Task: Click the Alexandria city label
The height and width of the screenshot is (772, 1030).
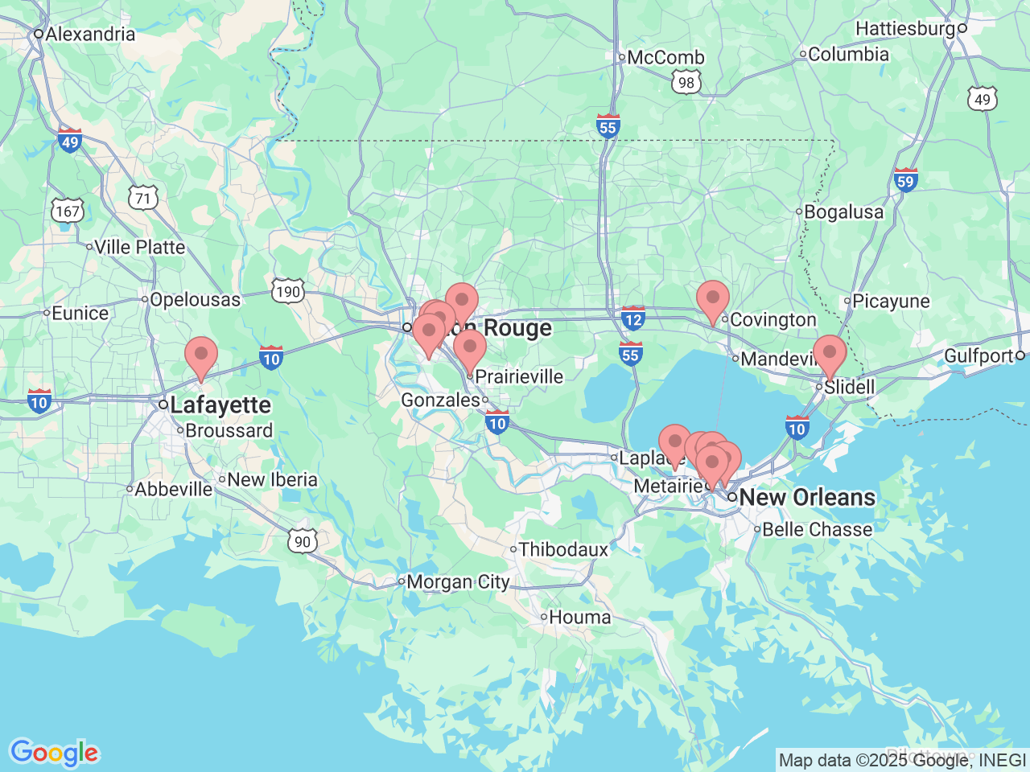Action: tap(89, 34)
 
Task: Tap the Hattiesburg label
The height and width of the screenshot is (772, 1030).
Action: tap(905, 28)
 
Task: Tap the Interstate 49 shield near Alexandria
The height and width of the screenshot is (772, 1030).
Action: tap(70, 141)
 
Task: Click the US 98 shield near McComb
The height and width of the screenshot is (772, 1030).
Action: tap(686, 82)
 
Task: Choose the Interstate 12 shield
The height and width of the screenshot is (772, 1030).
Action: tap(633, 318)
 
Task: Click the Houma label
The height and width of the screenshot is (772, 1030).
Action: tap(579, 618)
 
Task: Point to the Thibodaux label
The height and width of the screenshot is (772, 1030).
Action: tap(563, 550)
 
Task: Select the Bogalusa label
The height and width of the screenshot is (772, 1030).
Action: tap(843, 212)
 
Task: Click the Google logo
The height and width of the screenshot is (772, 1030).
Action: tap(54, 753)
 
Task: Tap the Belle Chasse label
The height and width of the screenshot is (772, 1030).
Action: tap(817, 529)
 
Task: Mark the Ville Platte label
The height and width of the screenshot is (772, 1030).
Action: tap(139, 247)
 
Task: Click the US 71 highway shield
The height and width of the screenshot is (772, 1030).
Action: tap(142, 197)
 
